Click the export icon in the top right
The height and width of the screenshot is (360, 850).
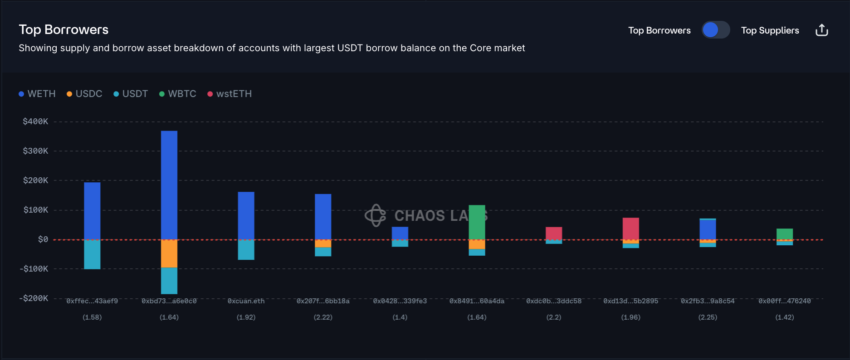[x=821, y=30]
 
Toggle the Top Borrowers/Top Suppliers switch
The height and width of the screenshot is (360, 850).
[x=715, y=30]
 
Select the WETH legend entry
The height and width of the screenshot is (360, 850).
[x=37, y=94]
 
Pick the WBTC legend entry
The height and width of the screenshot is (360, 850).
[x=178, y=94]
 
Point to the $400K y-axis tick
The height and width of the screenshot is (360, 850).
[x=35, y=122]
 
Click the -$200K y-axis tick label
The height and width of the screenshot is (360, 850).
[x=34, y=298]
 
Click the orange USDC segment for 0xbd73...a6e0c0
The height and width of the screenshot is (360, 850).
[x=169, y=253]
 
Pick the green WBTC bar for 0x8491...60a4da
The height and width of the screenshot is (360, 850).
[x=477, y=222]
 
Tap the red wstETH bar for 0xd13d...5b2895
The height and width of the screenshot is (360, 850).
[x=630, y=229]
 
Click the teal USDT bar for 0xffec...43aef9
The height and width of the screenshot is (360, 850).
[x=92, y=254]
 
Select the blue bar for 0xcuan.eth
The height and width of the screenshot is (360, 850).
[x=246, y=215]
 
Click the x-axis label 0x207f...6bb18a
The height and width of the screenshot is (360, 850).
[x=323, y=301]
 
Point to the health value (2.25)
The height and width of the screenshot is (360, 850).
[x=708, y=317]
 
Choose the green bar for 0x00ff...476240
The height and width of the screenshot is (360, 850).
[x=785, y=234]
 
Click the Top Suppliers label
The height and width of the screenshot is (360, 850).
[x=770, y=30]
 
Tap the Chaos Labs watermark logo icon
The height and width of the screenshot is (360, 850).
[x=376, y=215]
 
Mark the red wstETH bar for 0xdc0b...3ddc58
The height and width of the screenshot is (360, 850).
[x=554, y=233]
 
